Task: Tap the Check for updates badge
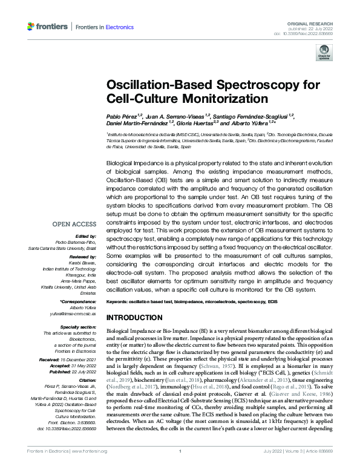click(322, 55)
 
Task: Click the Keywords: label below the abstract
click(119, 301)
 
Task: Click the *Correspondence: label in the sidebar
click(76, 301)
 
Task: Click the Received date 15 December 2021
click(80, 359)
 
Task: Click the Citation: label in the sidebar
click(87, 379)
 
